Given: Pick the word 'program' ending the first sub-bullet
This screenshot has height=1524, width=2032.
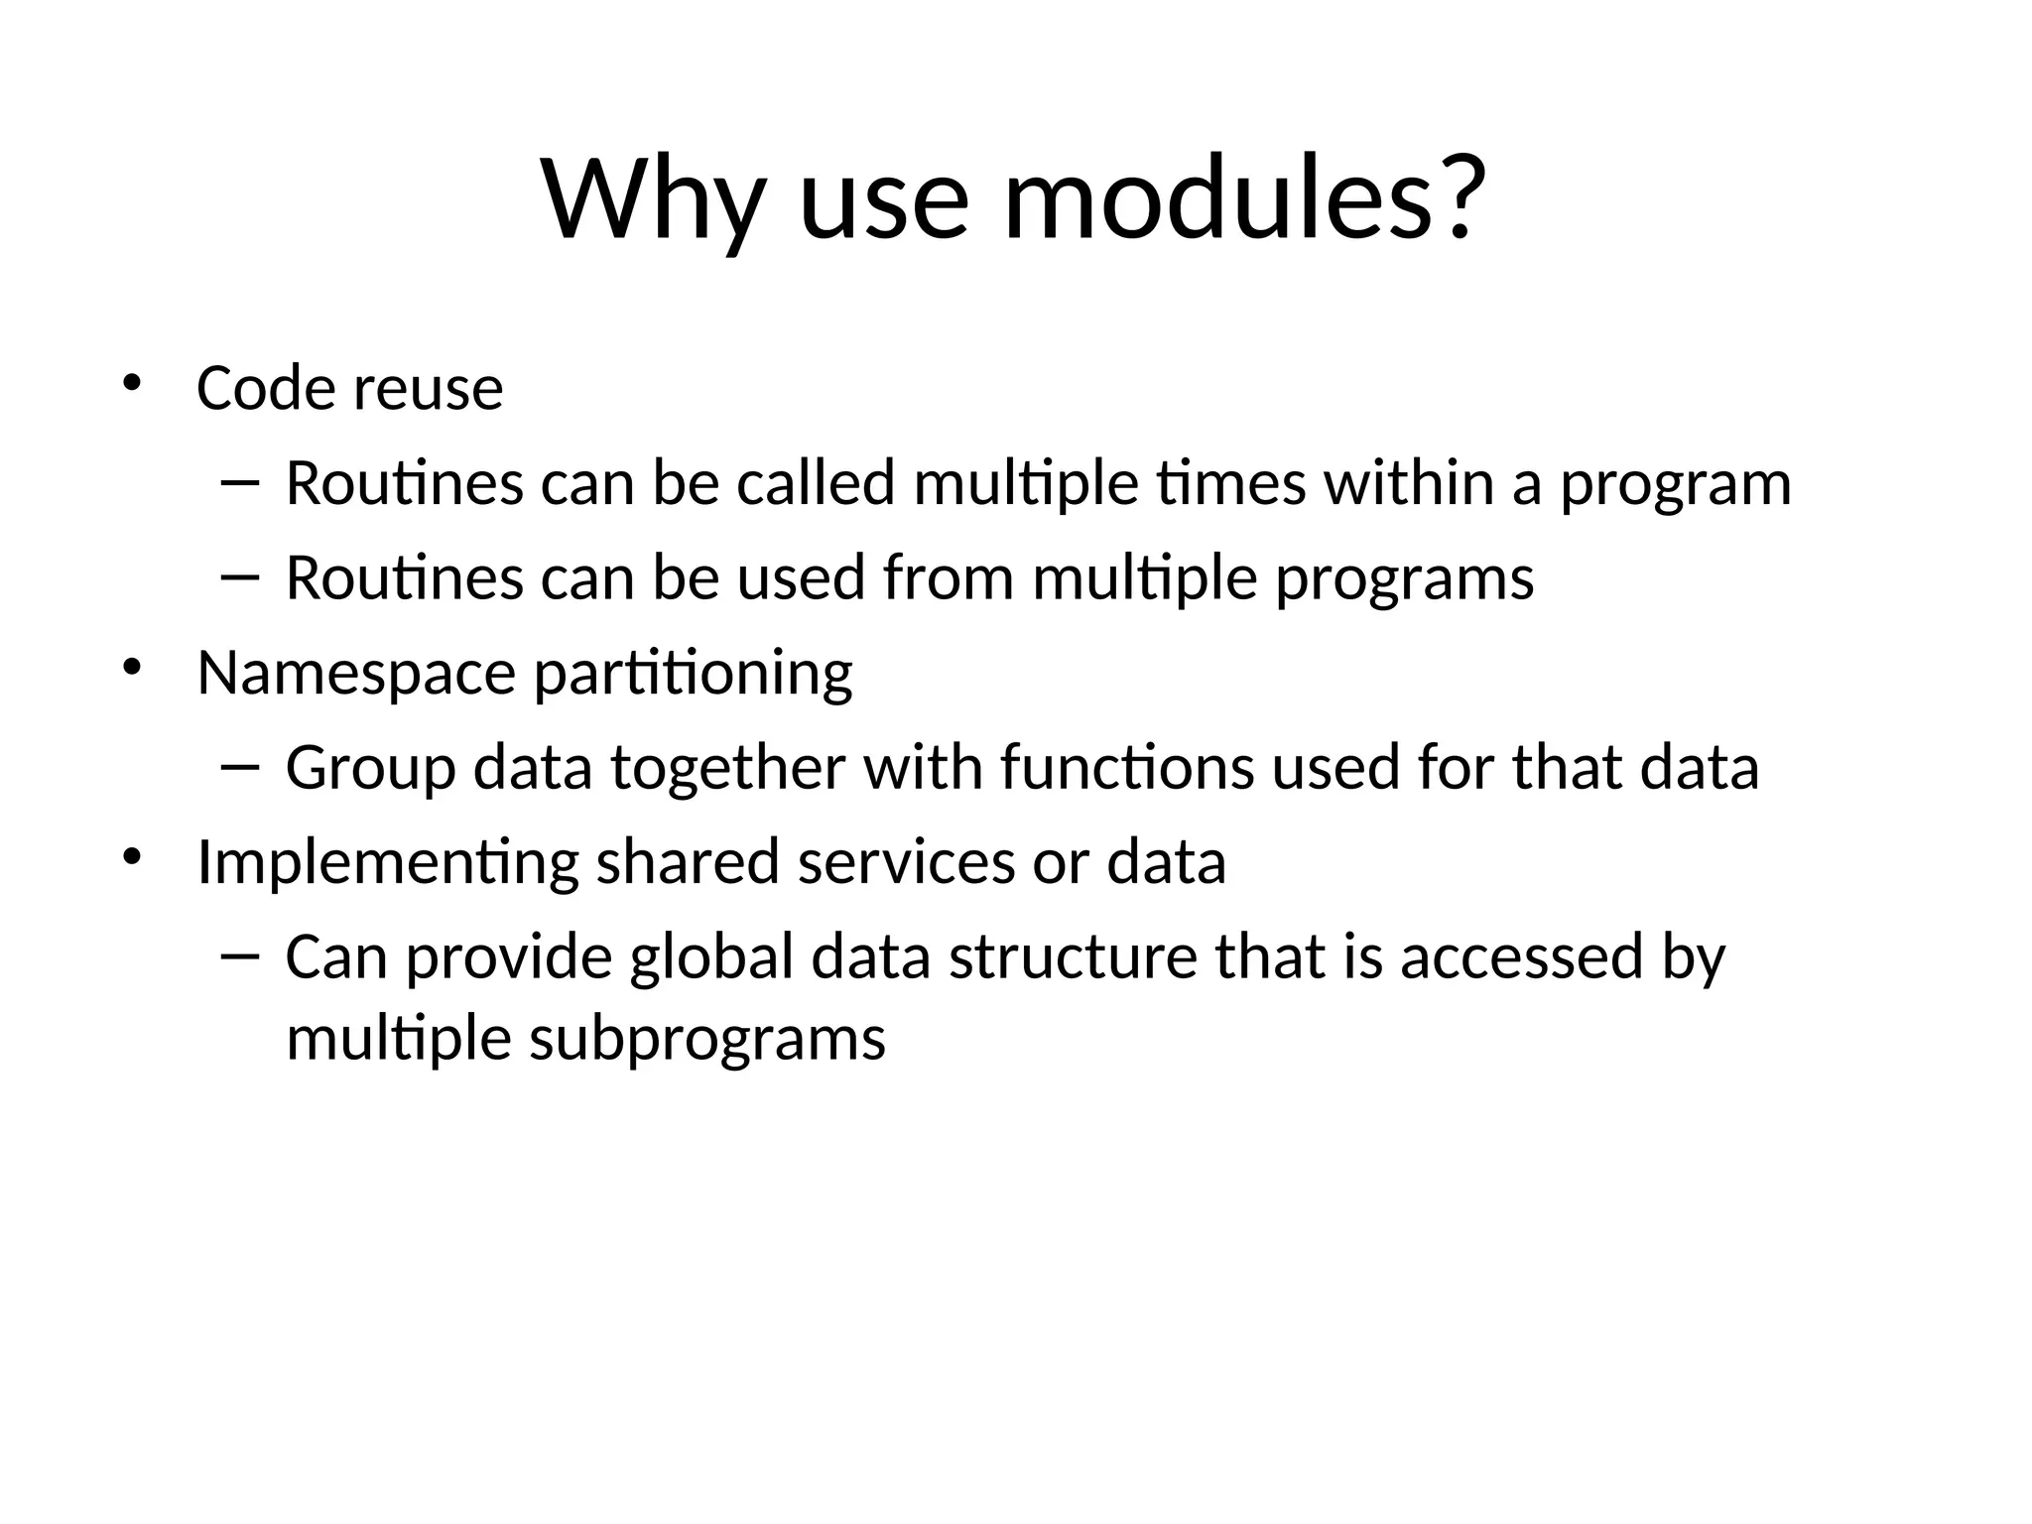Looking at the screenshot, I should pyautogui.click(x=1676, y=486).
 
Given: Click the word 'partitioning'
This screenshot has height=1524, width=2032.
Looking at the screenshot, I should pyautogui.click(x=693, y=675).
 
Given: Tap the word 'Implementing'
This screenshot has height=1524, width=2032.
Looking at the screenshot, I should pyautogui.click(x=388, y=863).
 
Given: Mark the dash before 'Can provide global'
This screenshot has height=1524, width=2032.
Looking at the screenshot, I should pyautogui.click(x=239, y=955).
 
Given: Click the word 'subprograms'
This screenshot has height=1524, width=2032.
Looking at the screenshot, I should pyautogui.click(x=706, y=1042).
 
